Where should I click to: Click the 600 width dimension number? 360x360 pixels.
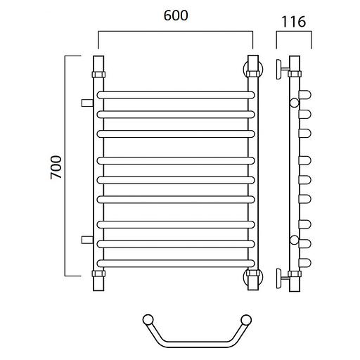(x=176, y=15)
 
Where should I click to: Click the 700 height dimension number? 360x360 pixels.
(x=56, y=167)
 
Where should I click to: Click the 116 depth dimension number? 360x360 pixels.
(x=294, y=22)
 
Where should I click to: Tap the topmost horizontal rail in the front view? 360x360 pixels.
(x=176, y=95)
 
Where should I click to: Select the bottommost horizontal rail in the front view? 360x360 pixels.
(x=176, y=263)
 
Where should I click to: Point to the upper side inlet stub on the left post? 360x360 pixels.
(x=87, y=103)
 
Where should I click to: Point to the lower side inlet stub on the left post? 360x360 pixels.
(x=87, y=240)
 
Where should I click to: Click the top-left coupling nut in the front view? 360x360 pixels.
(x=98, y=75)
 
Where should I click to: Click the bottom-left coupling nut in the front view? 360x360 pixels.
(x=98, y=274)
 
